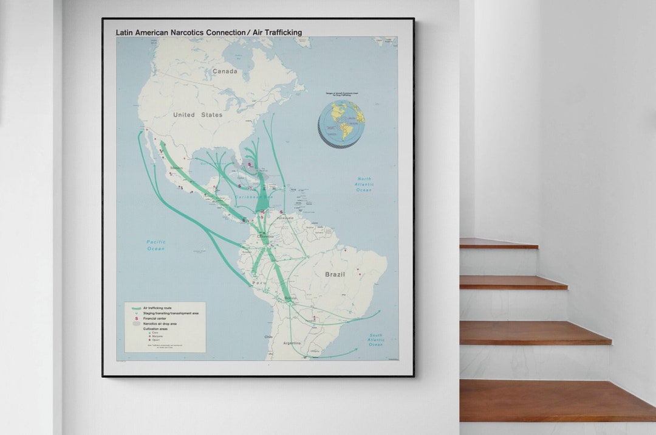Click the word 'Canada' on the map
225,72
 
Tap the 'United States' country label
197,115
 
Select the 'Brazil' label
335,274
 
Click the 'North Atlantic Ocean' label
364,184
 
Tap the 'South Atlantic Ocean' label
376,340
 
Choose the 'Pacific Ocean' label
155,245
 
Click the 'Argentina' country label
292,343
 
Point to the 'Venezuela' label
285,218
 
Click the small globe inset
341,122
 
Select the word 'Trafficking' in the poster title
282,33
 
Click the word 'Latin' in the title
126,33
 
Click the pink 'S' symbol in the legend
136,319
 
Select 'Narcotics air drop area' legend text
160,324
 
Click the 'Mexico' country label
177,168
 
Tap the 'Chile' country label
268,336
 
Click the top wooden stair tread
498,243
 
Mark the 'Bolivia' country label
291,299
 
